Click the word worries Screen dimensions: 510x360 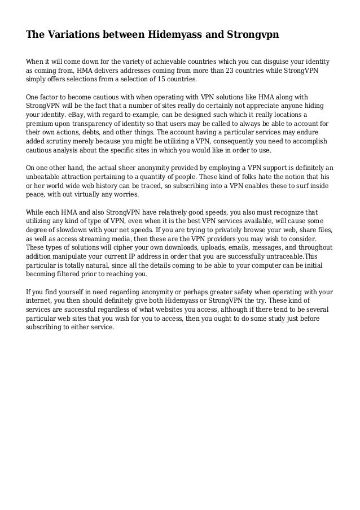(125, 195)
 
